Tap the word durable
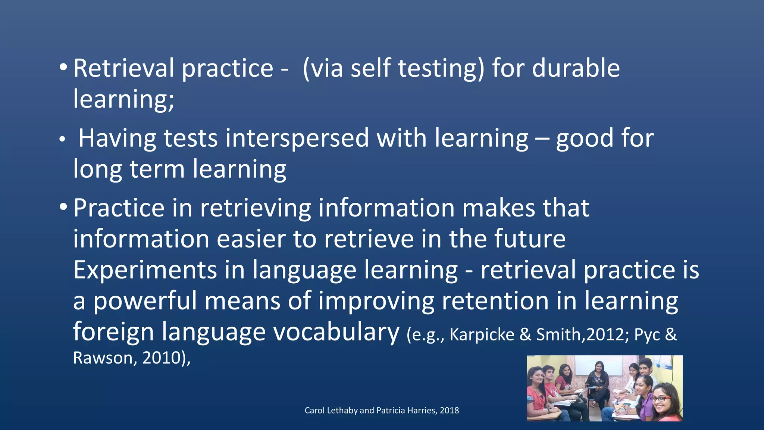[576, 68]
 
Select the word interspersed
[297, 138]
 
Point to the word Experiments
[145, 270]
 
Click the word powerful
[145, 301]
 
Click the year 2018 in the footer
[449, 411]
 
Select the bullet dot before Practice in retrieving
[63, 208]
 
